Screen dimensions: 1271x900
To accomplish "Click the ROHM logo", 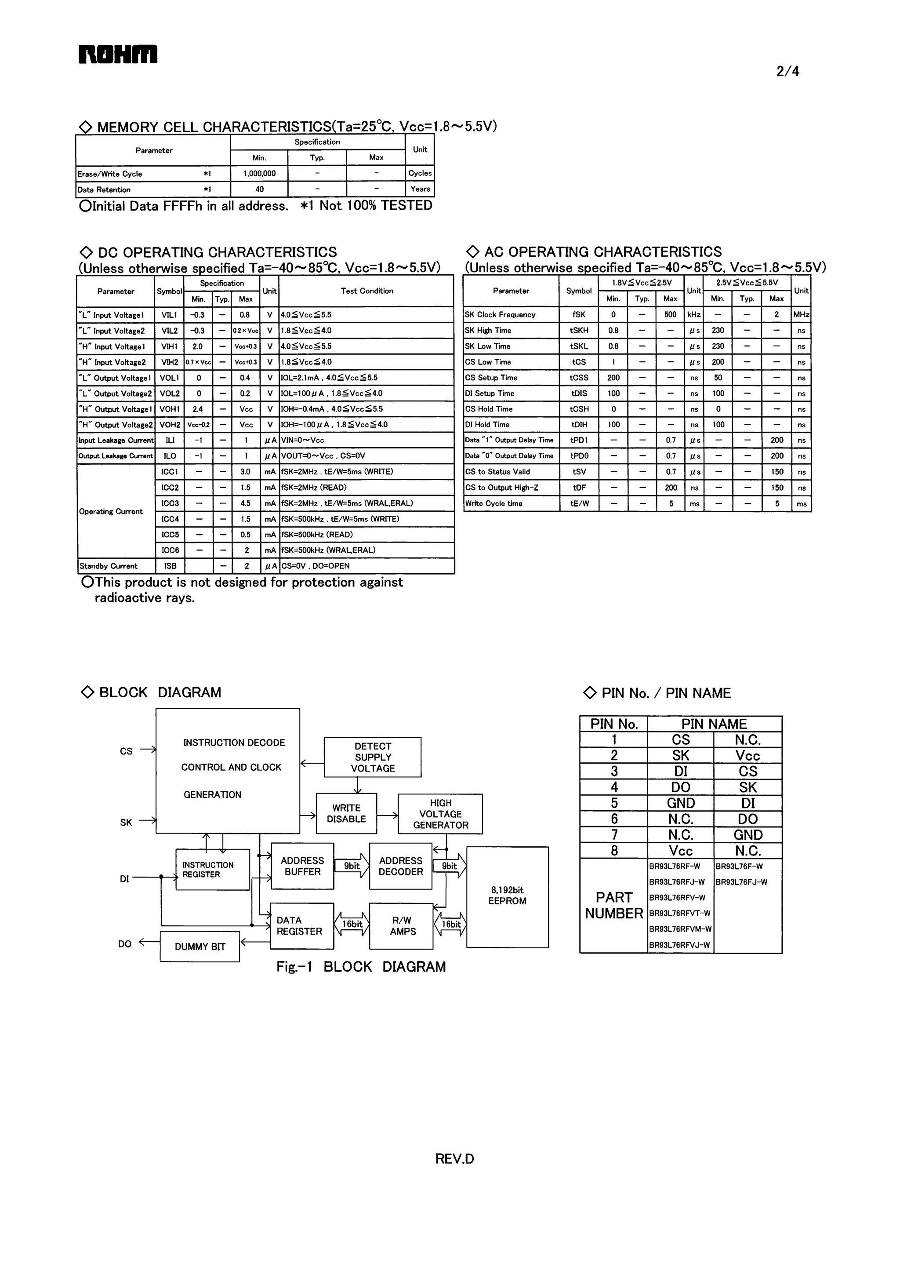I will point(117,55).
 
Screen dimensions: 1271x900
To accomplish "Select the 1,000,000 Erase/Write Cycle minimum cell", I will point(259,174).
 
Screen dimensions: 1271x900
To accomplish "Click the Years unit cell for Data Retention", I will point(420,189).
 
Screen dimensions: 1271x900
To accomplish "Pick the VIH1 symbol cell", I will point(170,346).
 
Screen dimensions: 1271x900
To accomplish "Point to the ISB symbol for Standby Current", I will point(170,566).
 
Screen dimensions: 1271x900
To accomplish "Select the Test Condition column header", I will point(367,291).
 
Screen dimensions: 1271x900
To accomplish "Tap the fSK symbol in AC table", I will point(579,314).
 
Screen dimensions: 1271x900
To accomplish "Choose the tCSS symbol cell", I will point(579,378).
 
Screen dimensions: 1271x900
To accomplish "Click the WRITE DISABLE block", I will point(346,813).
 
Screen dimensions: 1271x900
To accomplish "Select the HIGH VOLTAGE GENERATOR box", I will point(441,814).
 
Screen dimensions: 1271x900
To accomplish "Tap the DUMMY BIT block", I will point(200,947).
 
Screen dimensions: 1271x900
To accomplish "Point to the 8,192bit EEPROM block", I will point(507,896).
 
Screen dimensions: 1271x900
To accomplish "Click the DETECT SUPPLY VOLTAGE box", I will point(372,757).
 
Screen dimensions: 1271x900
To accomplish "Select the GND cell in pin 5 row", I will point(681,803).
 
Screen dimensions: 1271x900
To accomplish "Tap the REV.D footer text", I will point(454,1159).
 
